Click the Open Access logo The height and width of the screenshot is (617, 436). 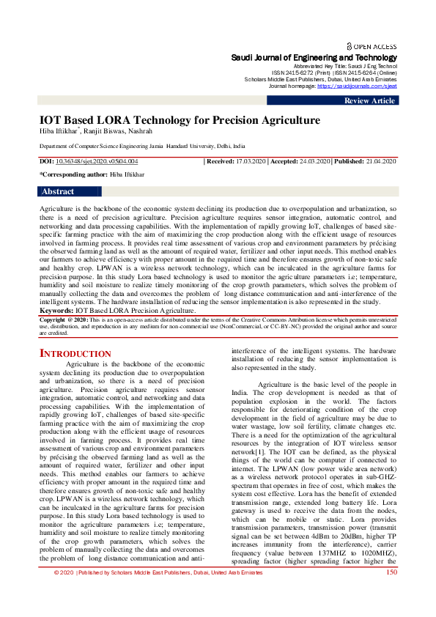[x=371, y=45]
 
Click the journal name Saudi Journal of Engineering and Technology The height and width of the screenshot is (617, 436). [x=314, y=57]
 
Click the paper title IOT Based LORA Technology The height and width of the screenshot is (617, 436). [x=180, y=120]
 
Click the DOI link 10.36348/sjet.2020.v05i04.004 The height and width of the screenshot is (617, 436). [x=97, y=160]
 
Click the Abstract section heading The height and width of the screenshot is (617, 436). [x=58, y=192]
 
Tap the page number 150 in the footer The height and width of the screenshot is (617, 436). [x=390, y=592]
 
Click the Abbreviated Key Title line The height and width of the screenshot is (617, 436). [x=344, y=66]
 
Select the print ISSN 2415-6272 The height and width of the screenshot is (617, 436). [x=289, y=73]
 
